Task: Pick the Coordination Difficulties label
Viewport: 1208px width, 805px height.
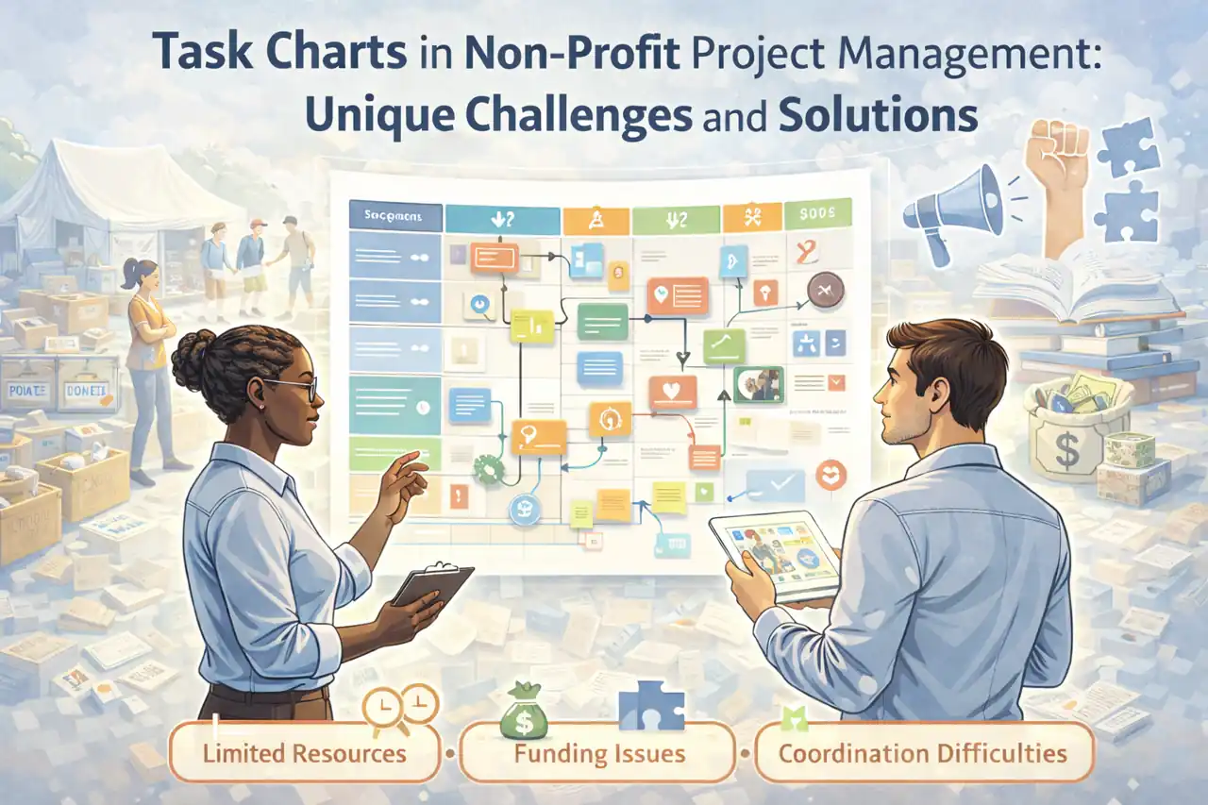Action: coord(923,753)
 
